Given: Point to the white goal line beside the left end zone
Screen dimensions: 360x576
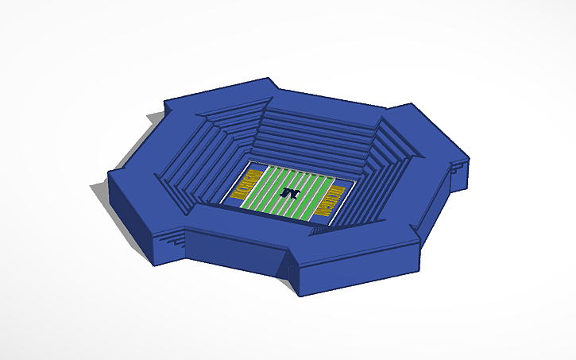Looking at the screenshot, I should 258,187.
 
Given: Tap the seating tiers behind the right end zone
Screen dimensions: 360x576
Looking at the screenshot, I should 373,175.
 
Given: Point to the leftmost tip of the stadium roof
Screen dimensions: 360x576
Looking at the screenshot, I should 109,173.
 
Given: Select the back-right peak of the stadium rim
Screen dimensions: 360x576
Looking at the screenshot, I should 410,105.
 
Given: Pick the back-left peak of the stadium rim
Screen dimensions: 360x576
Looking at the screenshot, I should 165,101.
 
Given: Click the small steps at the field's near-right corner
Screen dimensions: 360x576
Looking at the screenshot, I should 318,229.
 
